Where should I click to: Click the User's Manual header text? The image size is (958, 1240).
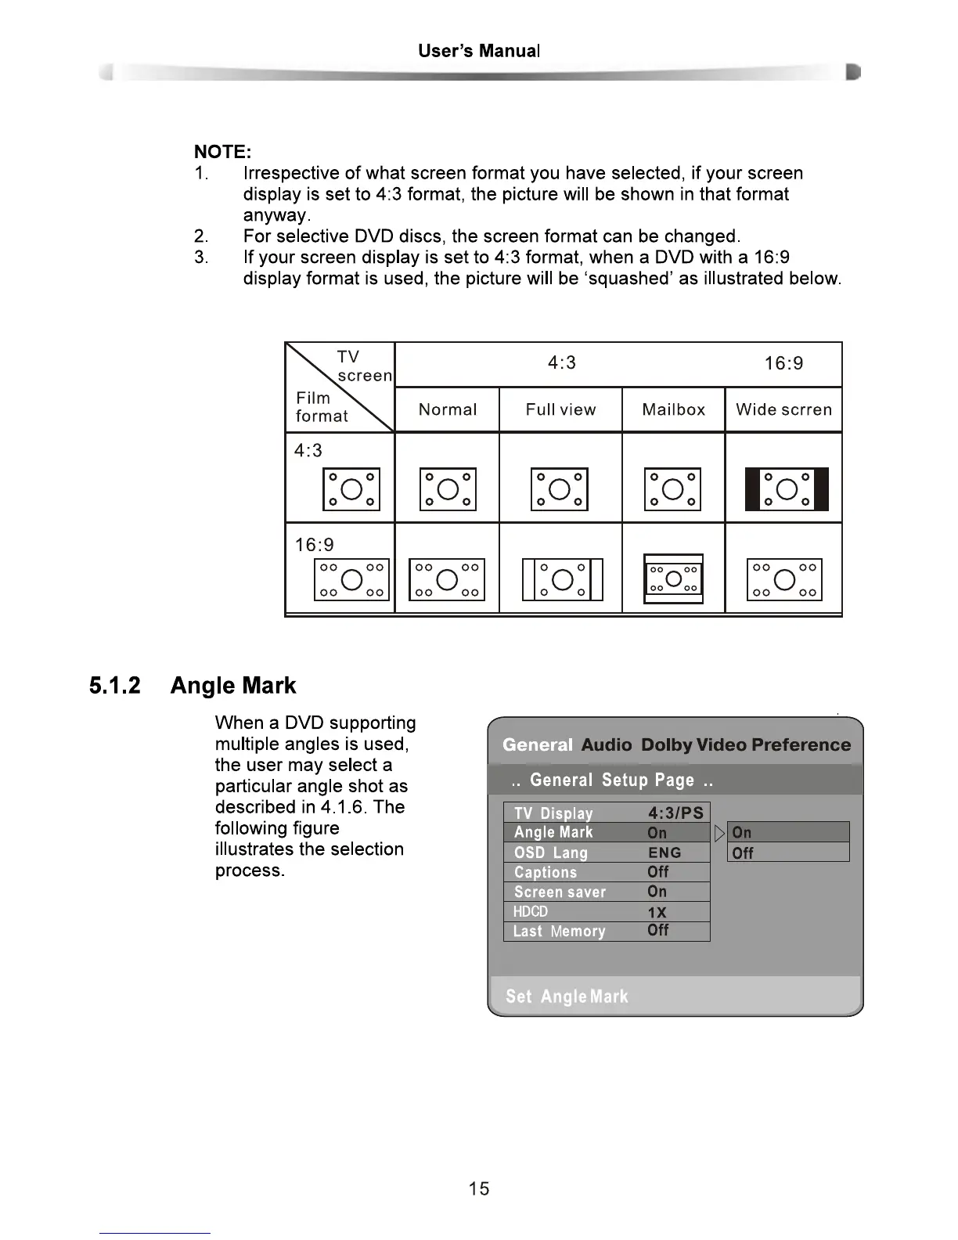coord(479,52)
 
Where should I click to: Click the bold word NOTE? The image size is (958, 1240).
coord(222,152)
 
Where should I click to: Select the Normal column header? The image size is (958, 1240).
coord(447,409)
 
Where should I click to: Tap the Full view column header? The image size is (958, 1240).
coord(560,409)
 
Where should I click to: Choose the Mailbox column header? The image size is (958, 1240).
coord(673,409)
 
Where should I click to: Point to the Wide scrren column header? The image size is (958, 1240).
coord(783,409)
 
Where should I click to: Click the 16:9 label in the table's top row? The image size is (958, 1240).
coord(783,363)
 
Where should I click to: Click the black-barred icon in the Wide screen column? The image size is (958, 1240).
coord(787,489)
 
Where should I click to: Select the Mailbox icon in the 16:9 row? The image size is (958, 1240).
coord(673,579)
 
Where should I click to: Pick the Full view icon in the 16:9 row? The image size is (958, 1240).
coord(562,579)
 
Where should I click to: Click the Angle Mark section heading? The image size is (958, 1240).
coord(233,686)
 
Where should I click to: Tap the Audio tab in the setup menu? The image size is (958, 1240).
coord(606,745)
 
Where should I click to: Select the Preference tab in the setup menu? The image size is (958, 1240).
coord(801,745)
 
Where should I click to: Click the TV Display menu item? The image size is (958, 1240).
coord(553,813)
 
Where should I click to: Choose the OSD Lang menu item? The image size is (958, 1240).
coord(550,852)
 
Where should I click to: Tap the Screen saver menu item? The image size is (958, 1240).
coord(560,892)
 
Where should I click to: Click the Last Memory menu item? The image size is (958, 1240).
coord(559,931)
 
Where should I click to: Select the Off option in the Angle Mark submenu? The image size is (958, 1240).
coord(743,853)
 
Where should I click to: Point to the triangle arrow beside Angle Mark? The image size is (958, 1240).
coord(720,833)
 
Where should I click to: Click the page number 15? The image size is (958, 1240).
coord(479,1189)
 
